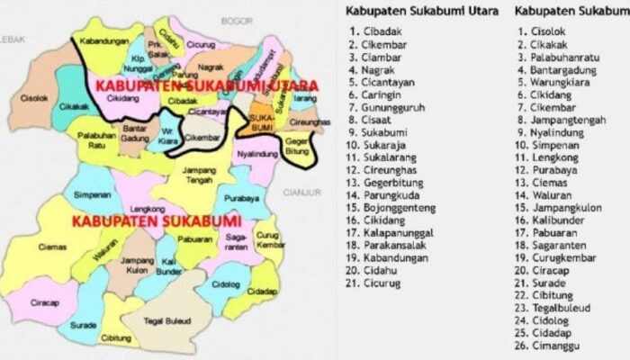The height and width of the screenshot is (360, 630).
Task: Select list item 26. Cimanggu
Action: click(556, 344)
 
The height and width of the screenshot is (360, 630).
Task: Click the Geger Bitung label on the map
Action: click(297, 147)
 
